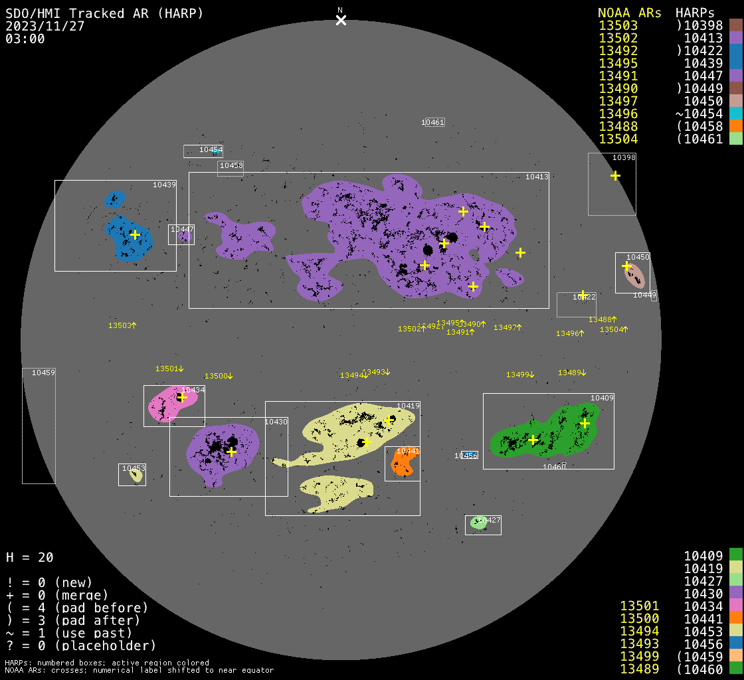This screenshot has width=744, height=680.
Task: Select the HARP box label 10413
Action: coord(537,177)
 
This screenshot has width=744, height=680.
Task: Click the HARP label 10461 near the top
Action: coord(432,122)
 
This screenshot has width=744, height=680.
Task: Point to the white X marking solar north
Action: coord(341,20)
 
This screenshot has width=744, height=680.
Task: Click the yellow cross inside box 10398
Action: coord(616,175)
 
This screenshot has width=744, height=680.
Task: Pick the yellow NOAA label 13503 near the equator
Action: coord(122,325)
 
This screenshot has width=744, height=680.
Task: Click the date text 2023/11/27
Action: coord(43,26)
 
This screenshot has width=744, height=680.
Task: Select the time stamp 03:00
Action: coord(25,39)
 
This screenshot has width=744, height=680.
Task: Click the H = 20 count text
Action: coord(29,557)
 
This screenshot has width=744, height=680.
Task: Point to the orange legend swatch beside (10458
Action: coord(735,126)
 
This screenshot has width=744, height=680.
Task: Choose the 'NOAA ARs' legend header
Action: coord(629,13)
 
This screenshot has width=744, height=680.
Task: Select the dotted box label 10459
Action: coord(43,373)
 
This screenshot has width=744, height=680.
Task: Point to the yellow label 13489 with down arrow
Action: coord(572,373)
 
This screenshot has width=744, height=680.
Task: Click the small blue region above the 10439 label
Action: coord(115,199)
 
